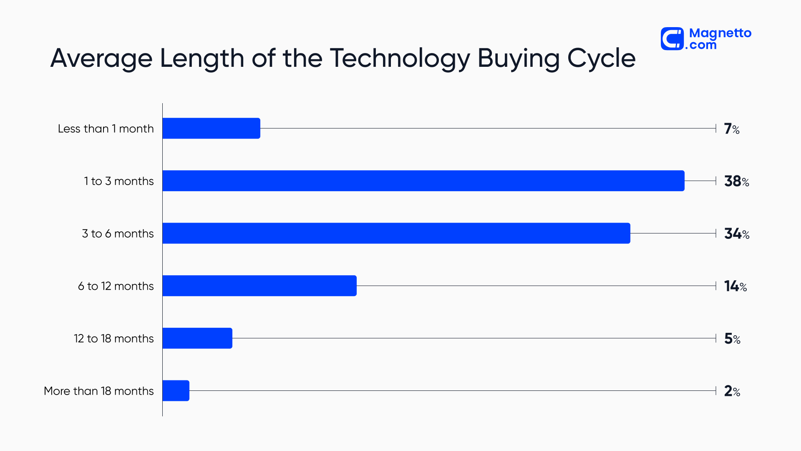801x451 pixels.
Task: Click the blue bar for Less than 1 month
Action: point(211,128)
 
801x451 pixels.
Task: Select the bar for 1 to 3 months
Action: point(423,181)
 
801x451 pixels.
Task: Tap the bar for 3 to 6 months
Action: point(396,233)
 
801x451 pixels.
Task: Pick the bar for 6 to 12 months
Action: point(259,286)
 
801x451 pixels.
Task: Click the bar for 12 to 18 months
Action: point(197,338)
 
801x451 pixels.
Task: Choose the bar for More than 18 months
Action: point(176,391)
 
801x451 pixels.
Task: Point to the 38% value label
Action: point(736,181)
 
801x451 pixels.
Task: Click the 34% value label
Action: point(736,234)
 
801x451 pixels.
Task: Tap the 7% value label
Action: point(732,129)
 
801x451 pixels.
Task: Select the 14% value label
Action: point(735,286)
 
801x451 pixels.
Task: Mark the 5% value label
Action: point(732,339)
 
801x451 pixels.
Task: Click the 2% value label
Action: point(732,391)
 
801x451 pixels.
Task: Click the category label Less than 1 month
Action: point(106,129)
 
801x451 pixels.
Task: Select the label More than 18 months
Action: point(98,391)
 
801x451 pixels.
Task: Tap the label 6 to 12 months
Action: point(116,286)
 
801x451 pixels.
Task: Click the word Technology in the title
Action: point(400,58)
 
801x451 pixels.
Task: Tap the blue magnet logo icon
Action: point(672,39)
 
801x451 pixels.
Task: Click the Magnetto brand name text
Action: point(720,33)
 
